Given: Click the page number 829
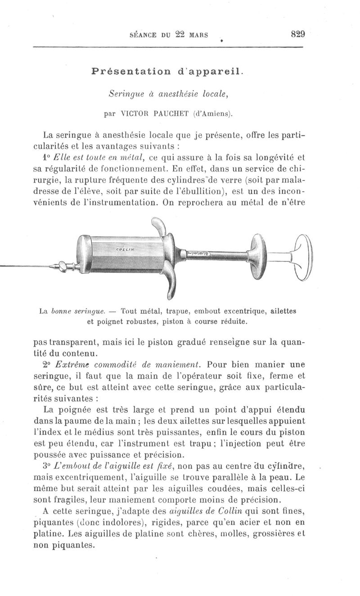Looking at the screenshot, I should pos(298,34).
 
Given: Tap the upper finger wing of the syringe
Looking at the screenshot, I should pos(159,226).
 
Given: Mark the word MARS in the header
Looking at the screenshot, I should pos(199,35).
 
